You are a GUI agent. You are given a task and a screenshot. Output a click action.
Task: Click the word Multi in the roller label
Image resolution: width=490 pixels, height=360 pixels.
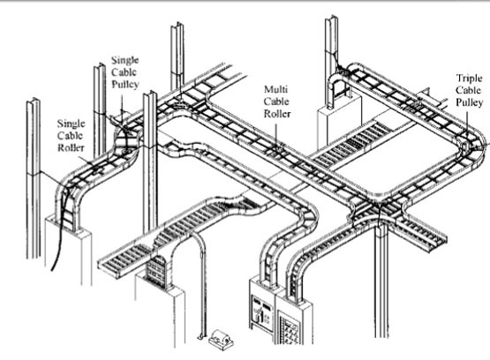[276, 89]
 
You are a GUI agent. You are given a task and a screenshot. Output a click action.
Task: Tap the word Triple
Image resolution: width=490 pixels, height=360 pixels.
[469, 78]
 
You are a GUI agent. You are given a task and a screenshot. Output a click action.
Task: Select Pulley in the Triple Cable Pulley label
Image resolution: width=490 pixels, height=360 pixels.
[469, 102]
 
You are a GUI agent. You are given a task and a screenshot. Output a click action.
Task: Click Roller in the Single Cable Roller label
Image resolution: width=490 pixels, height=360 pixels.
[71, 147]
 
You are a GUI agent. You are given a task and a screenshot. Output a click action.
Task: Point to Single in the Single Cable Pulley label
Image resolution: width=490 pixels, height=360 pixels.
[125, 60]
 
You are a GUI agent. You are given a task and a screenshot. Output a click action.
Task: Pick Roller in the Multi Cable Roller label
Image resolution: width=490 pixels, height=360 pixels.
[277, 114]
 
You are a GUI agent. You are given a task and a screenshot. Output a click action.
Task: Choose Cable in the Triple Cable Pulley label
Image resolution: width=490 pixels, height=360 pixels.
[468, 90]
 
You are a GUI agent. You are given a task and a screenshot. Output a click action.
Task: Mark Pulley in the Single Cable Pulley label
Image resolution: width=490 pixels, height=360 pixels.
[125, 85]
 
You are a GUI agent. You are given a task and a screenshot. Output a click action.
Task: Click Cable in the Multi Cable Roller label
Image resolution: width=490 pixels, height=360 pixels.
[276, 101]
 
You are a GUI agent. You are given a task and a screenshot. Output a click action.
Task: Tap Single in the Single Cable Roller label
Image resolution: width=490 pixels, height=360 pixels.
[71, 124]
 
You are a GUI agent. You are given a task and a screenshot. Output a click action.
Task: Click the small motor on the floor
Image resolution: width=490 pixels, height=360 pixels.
[221, 340]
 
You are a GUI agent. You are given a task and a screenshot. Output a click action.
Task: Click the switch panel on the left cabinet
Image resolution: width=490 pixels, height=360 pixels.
[262, 313]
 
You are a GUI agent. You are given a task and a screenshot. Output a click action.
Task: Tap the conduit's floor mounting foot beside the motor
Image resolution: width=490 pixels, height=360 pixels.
[202, 337]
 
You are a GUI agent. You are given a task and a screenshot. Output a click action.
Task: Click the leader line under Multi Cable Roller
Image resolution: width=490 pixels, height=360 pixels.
[276, 133]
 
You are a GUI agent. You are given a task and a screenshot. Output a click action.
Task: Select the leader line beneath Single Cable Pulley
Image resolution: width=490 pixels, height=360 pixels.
[122, 103]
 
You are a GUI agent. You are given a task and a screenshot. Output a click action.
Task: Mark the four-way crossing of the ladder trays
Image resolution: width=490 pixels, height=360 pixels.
[378, 206]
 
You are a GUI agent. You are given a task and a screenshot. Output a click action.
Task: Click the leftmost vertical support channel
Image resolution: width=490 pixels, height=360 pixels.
[34, 178]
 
